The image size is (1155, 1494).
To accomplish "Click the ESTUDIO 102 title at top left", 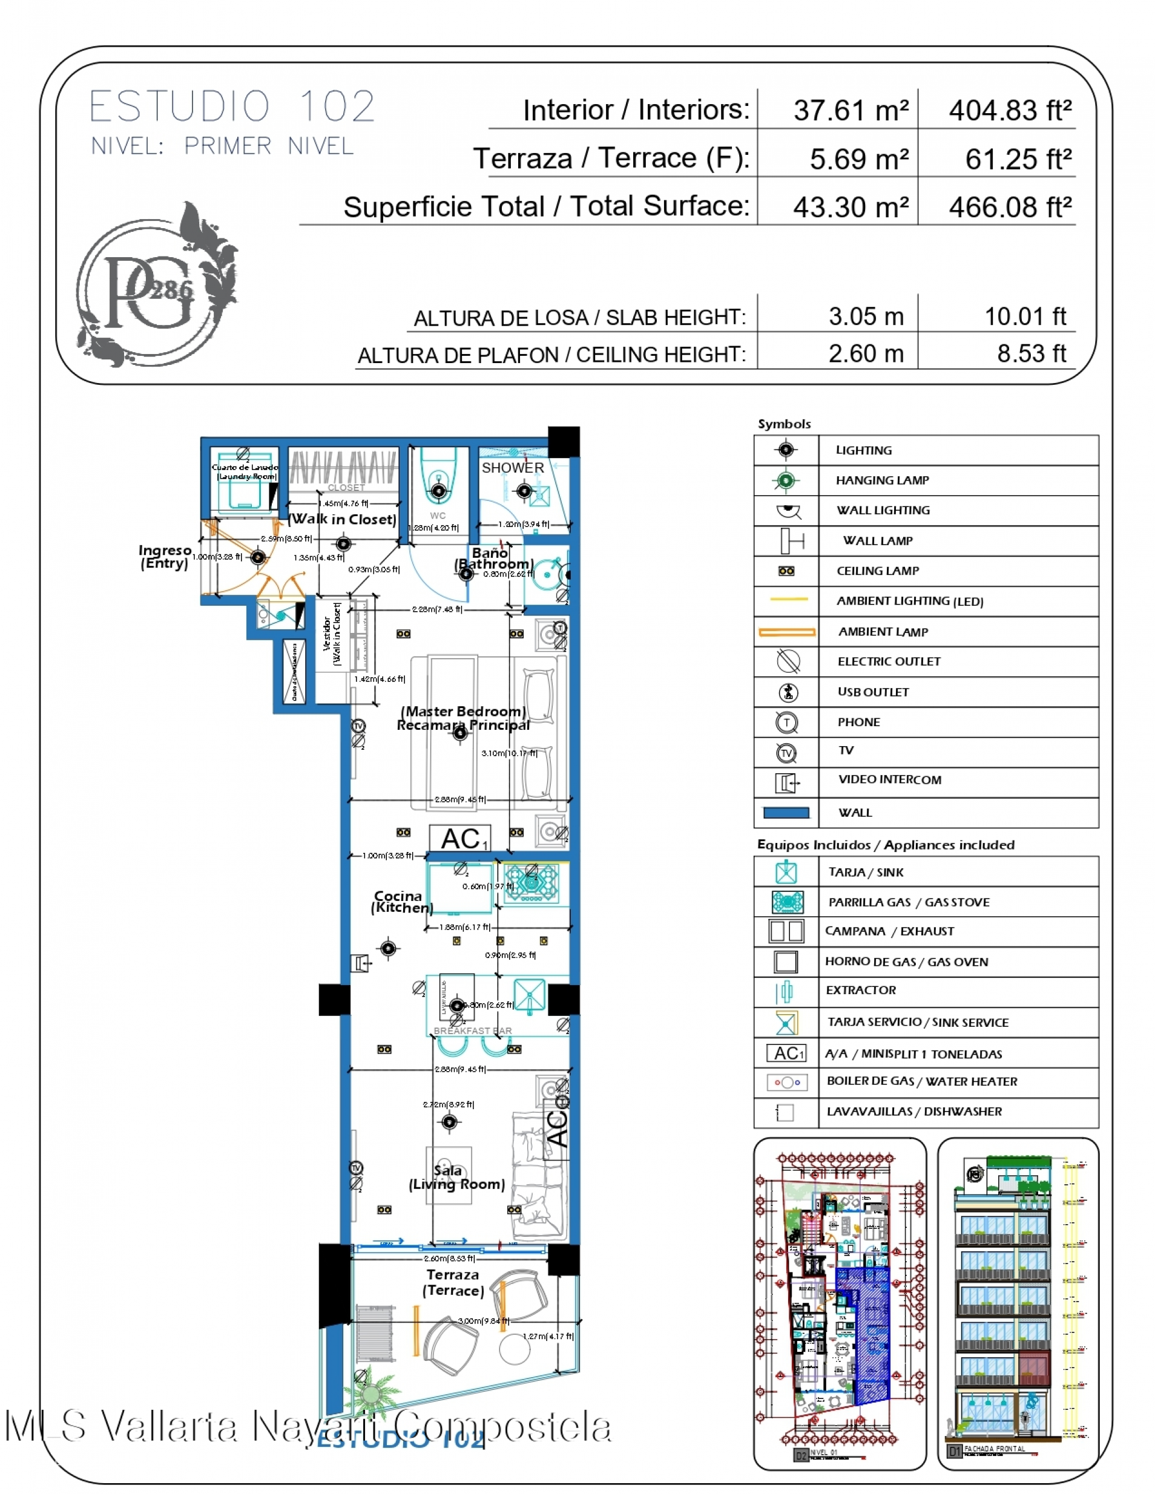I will [232, 106].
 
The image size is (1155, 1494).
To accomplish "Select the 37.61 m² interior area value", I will [851, 111].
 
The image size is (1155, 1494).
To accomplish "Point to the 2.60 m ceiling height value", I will [866, 353].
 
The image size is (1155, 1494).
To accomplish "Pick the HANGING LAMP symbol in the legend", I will [786, 481].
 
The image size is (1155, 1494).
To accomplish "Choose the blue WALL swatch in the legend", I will [786, 813].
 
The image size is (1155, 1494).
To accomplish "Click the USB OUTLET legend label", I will [873, 692].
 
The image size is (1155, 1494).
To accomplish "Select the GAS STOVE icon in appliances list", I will [787, 902].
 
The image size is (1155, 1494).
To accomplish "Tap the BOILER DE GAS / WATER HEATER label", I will [922, 1081].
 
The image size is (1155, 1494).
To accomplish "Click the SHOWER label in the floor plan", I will [513, 468].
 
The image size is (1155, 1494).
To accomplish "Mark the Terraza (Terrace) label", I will [453, 1283].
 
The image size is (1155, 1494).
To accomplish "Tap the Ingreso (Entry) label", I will [164, 557].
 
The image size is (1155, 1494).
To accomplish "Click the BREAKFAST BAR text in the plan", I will [472, 1031].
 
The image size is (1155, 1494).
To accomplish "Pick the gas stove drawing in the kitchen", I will [531, 882].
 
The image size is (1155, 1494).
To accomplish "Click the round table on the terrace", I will [515, 1349].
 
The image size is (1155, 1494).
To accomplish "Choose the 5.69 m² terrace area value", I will [859, 159].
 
